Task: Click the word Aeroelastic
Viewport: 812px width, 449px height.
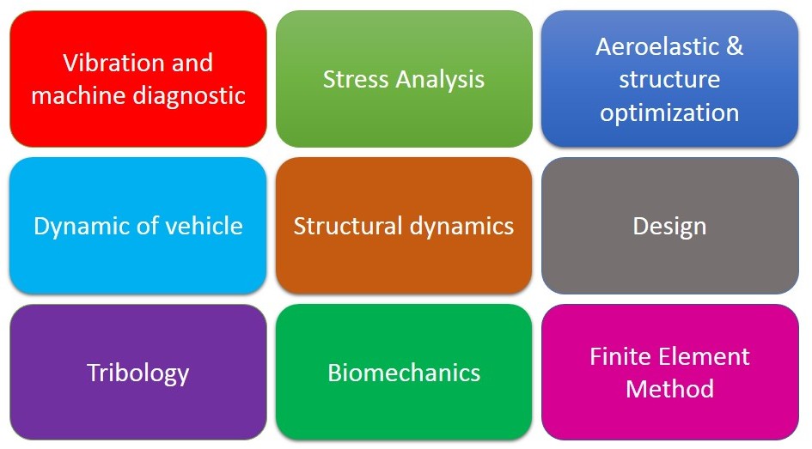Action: tap(657, 46)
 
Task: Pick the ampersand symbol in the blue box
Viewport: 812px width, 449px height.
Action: tap(735, 46)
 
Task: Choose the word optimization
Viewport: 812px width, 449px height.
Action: tap(669, 112)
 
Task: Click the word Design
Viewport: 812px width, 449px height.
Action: tap(669, 227)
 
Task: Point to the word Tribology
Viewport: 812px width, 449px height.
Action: tap(137, 373)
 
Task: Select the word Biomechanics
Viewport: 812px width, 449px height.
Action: tap(404, 373)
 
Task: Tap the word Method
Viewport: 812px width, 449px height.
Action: tap(669, 389)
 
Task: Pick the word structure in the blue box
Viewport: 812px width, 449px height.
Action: tap(669, 80)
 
